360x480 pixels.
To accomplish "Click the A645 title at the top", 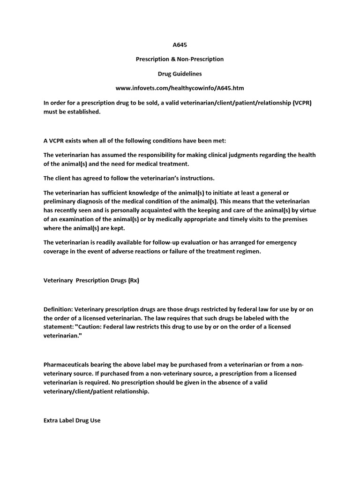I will pyautogui.click(x=180, y=45).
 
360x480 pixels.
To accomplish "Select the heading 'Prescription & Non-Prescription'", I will pyautogui.click(x=180, y=59).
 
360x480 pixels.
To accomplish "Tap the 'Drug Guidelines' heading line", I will pyautogui.click(x=180, y=74).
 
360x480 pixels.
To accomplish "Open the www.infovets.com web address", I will pyautogui.click(x=180, y=88).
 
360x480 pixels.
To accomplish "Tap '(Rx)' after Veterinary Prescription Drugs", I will pyautogui.click(x=133, y=280).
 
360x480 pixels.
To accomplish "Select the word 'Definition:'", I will pyautogui.click(x=58, y=309).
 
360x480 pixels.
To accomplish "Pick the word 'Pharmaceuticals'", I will pyautogui.click(x=67, y=364).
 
